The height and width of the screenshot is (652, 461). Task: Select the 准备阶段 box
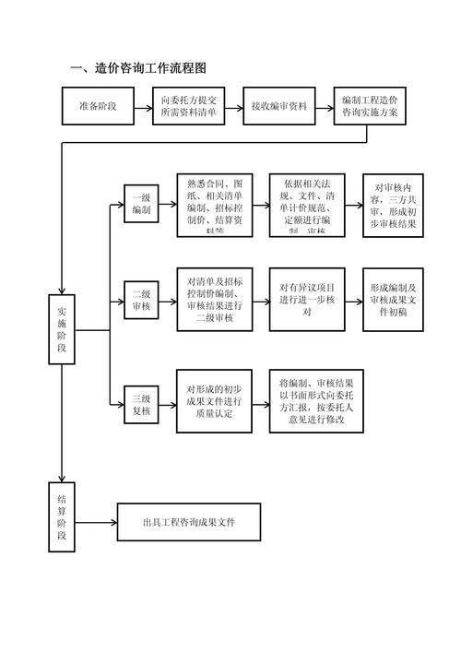pyautogui.click(x=99, y=106)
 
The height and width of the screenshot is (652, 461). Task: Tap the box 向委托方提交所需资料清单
pyautogui.click(x=188, y=106)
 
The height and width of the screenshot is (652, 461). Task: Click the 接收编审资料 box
pyautogui.click(x=280, y=106)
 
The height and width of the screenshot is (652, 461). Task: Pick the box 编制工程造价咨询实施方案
pyautogui.click(x=370, y=106)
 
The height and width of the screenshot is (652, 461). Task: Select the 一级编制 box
pyautogui.click(x=142, y=204)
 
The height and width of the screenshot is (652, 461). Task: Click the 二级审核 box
pyautogui.click(x=142, y=300)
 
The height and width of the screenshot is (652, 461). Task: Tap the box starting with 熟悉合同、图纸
pyautogui.click(x=214, y=206)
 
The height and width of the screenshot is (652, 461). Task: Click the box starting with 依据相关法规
pyautogui.click(x=306, y=206)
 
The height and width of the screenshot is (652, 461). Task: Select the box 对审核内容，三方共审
pyautogui.click(x=394, y=206)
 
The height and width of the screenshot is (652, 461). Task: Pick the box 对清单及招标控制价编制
pyautogui.click(x=214, y=300)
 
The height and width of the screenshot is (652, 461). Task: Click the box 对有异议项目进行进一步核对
pyautogui.click(x=306, y=300)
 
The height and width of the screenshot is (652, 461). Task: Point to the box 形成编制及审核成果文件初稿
pyautogui.click(x=394, y=300)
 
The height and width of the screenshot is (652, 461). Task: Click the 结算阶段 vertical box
pyautogui.click(x=62, y=516)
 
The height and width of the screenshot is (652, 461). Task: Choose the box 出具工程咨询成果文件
pyautogui.click(x=188, y=522)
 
